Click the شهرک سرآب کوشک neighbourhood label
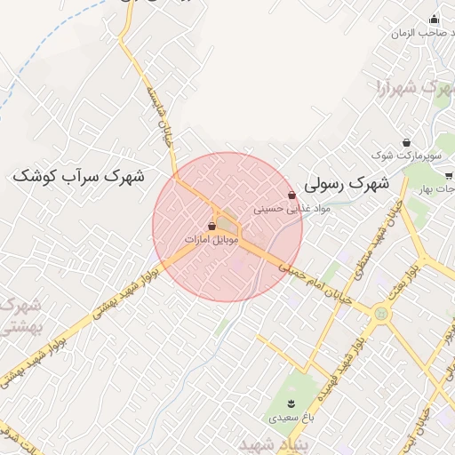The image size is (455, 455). [78, 176]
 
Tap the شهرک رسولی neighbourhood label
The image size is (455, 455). [347, 184]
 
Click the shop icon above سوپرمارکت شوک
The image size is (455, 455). [407, 142]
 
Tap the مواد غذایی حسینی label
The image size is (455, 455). [292, 210]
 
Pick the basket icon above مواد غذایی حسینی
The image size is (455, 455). [292, 196]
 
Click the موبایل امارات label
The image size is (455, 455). [212, 241]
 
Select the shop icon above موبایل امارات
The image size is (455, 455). [212, 227]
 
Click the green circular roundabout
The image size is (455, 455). [380, 313]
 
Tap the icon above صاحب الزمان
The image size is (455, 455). [434, 20]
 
